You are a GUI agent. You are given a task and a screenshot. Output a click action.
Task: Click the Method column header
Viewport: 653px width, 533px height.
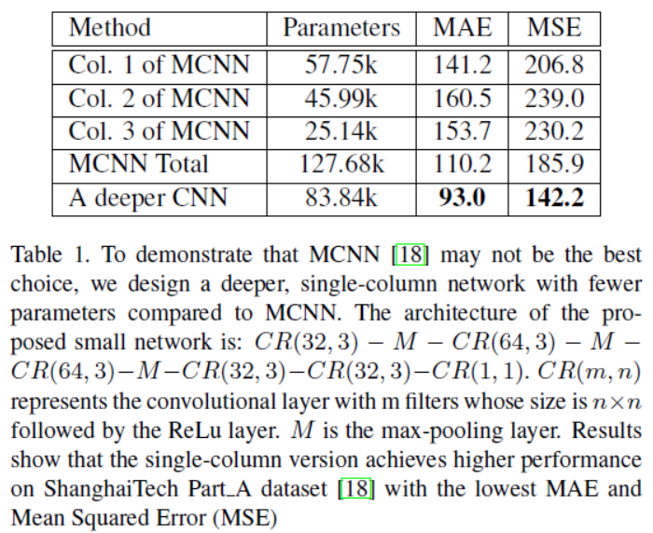click(109, 27)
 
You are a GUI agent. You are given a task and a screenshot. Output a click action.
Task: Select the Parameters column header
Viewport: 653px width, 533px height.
click(341, 27)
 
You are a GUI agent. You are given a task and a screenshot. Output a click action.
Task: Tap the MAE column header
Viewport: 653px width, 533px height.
click(463, 27)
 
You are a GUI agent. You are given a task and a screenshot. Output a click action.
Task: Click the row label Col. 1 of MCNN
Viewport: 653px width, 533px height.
click(158, 65)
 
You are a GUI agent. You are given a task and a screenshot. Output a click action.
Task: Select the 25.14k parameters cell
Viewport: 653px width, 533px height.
click(341, 130)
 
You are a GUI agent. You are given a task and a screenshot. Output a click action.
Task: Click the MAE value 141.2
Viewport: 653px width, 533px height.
click(463, 65)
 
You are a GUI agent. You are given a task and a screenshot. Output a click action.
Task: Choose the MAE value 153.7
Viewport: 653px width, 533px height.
click(463, 130)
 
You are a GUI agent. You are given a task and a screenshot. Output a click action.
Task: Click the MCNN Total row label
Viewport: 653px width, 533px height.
click(138, 163)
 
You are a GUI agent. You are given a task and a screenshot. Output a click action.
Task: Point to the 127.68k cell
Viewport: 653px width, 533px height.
click(341, 163)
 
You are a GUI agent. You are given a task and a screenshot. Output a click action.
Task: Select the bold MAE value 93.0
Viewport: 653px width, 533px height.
click(463, 197)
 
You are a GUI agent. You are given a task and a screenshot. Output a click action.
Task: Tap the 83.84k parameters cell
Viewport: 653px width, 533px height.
click(341, 197)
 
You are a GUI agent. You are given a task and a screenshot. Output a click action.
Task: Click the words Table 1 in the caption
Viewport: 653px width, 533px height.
click(48, 253)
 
